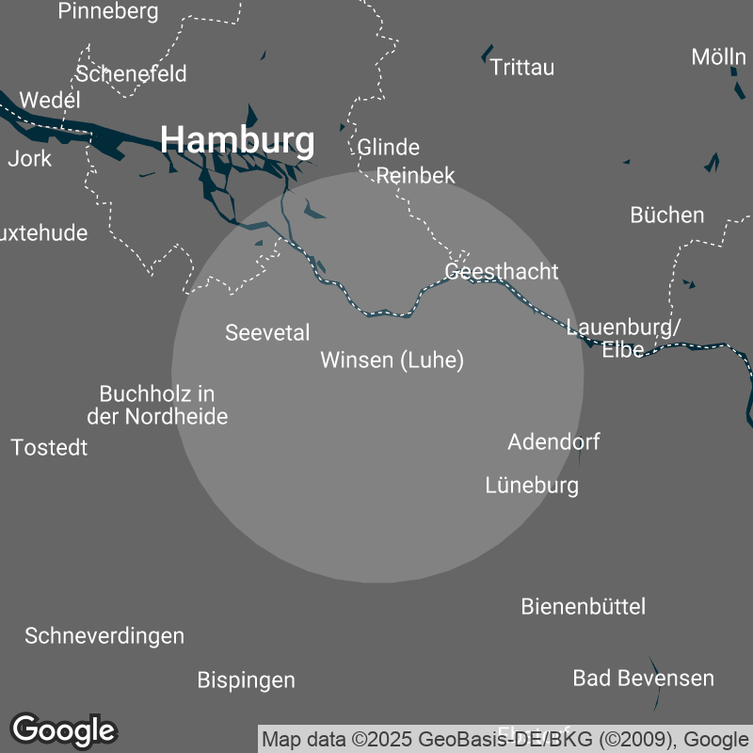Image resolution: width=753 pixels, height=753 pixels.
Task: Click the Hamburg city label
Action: point(237,140)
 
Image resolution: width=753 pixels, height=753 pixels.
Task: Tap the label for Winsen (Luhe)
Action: point(392,360)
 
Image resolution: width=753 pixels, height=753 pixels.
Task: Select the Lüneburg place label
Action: point(532,486)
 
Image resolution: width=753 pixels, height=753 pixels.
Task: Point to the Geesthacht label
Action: point(502,272)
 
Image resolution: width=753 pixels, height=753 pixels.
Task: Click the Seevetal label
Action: point(267,332)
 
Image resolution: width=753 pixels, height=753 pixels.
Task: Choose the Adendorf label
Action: point(553,441)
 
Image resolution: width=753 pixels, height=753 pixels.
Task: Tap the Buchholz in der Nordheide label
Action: point(157,405)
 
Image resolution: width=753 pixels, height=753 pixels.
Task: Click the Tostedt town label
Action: point(50,448)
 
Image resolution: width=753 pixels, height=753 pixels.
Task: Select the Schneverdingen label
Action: point(104,636)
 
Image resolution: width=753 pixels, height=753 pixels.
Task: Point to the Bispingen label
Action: point(246,680)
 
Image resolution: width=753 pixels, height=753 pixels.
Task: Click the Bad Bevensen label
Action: point(643,678)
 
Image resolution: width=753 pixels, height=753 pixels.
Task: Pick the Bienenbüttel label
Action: point(584,607)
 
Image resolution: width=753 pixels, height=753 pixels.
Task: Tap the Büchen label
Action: point(666,216)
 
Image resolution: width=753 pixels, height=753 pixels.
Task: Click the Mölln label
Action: point(718,56)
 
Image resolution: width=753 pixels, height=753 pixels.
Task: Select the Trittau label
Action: point(522,68)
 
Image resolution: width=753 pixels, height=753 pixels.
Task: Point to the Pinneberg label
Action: point(108,12)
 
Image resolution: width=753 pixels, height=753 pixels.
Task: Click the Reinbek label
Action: point(415,176)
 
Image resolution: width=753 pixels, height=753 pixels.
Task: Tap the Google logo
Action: point(64,729)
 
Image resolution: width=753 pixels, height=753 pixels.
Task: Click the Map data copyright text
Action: point(505,738)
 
